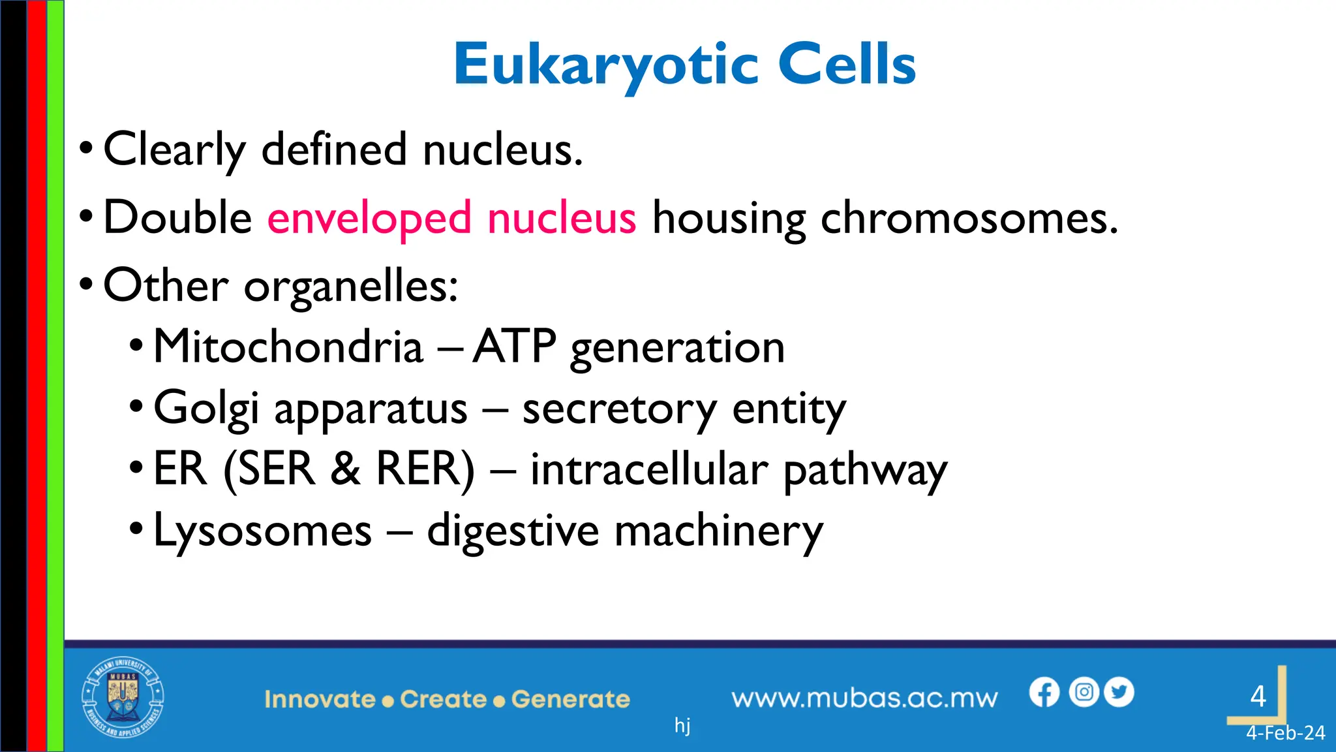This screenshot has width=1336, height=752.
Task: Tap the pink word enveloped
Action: (x=369, y=218)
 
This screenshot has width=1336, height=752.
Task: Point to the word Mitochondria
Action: (x=288, y=347)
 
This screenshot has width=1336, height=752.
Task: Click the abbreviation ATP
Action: (x=515, y=347)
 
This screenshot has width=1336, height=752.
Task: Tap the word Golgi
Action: (x=206, y=409)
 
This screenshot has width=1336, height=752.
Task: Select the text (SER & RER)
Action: (x=350, y=469)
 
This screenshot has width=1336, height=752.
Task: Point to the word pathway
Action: (x=865, y=470)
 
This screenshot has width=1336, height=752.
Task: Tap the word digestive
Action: (x=513, y=530)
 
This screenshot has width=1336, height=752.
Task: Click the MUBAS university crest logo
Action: (x=123, y=697)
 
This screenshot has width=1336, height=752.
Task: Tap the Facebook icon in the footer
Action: (x=1044, y=692)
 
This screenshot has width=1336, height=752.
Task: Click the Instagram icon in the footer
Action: (x=1084, y=692)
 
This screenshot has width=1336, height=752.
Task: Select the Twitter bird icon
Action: (x=1119, y=692)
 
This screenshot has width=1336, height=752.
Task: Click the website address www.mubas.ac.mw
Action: (x=864, y=698)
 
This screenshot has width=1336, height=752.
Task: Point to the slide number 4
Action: (x=1258, y=697)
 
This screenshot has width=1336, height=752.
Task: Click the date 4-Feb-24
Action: (x=1285, y=733)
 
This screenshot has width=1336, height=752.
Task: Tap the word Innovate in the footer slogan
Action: (x=320, y=699)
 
